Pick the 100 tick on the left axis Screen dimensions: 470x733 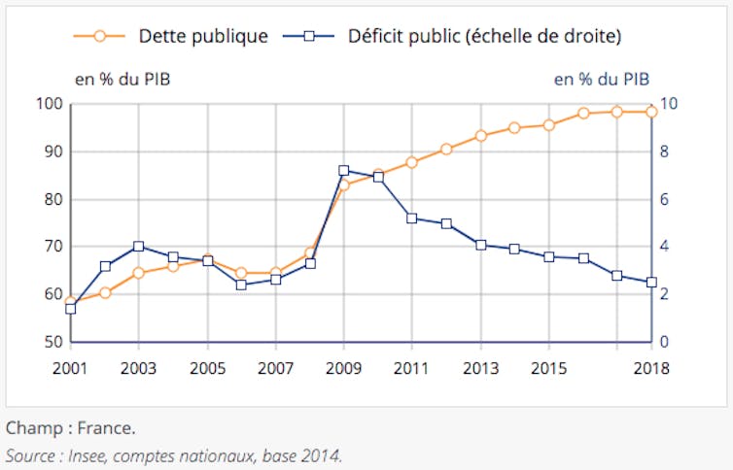click(x=49, y=104)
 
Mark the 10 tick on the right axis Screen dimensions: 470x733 click(x=669, y=104)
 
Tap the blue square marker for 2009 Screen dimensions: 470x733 click(x=344, y=171)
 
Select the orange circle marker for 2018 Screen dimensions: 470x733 click(x=651, y=112)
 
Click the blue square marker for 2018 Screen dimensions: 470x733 click(x=651, y=283)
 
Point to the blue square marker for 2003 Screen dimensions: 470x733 click(x=139, y=247)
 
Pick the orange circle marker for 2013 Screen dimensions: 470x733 click(x=480, y=136)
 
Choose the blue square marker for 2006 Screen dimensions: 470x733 click(x=241, y=285)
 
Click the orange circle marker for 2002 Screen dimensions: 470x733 click(x=105, y=292)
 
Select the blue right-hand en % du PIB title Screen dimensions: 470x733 click(x=601, y=80)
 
